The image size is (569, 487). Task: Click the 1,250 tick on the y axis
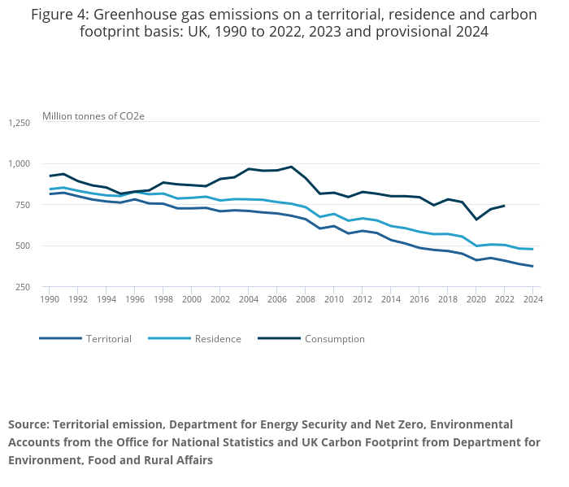pyautogui.click(x=19, y=123)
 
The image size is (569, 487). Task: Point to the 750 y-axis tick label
pyautogui.click(x=23, y=205)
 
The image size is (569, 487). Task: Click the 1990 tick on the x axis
pyautogui.click(x=50, y=299)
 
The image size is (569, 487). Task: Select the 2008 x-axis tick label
pyautogui.click(x=306, y=299)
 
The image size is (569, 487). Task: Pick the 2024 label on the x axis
pyautogui.click(x=532, y=299)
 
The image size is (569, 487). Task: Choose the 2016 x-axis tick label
pyautogui.click(x=419, y=299)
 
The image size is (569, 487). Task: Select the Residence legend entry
pyautogui.click(x=218, y=339)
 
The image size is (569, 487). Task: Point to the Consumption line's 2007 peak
pyautogui.click(x=291, y=167)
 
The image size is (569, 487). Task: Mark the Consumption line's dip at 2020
pyautogui.click(x=476, y=220)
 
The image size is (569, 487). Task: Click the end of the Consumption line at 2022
pyautogui.click(x=504, y=206)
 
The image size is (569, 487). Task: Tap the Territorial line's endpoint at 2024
pyautogui.click(x=532, y=267)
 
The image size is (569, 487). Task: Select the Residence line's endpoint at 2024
pyautogui.click(x=532, y=249)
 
